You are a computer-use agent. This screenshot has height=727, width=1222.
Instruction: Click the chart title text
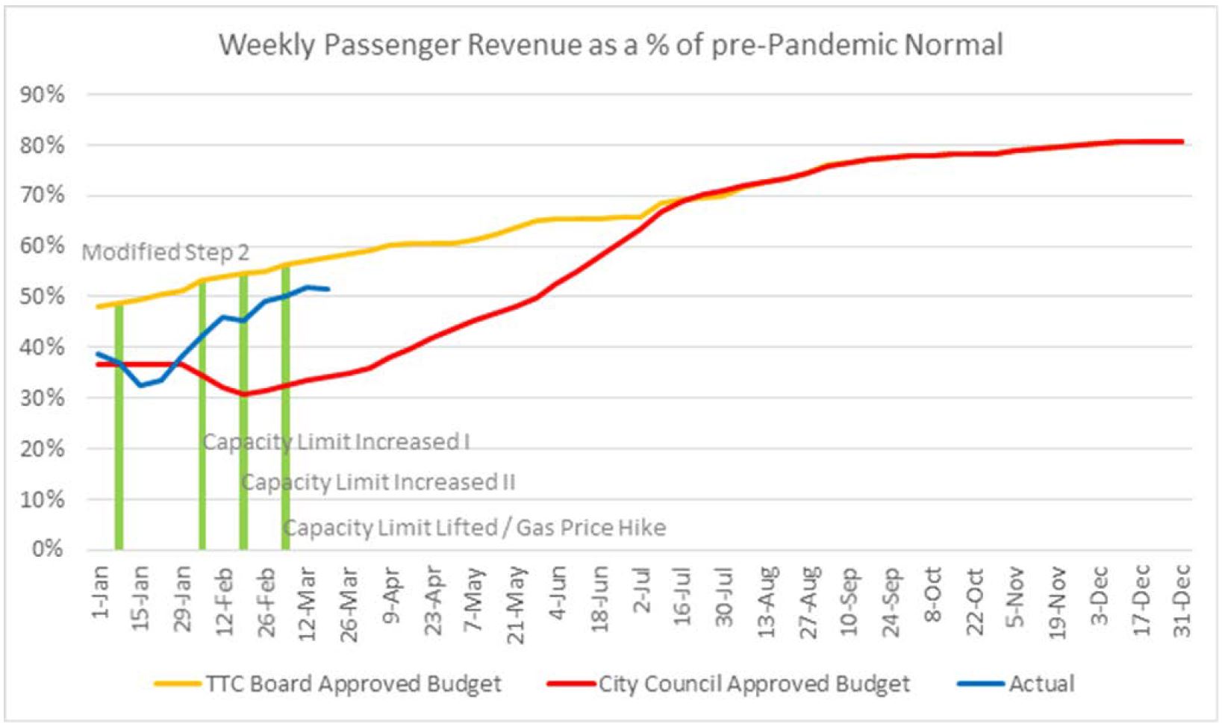click(x=611, y=45)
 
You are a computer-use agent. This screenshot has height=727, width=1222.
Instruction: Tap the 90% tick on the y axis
click(x=43, y=95)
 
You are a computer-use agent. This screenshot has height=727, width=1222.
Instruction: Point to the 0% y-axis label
click(x=47, y=549)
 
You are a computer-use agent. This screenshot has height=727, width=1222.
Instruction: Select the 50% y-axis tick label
click(x=43, y=296)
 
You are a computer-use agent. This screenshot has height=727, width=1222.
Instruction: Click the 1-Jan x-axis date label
click(x=102, y=592)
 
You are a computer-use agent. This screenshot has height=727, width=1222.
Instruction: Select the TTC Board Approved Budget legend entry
click(x=353, y=684)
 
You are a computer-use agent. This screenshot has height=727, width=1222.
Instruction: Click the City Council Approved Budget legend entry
click(x=754, y=684)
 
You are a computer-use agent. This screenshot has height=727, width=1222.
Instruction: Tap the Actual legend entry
click(x=1041, y=684)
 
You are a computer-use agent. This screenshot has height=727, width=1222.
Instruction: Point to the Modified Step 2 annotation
click(x=165, y=252)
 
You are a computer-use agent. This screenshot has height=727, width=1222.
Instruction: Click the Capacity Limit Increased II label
click(x=378, y=482)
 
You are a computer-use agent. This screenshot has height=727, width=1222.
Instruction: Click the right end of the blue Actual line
click(x=329, y=289)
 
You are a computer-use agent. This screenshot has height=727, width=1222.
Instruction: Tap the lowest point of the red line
click(x=244, y=393)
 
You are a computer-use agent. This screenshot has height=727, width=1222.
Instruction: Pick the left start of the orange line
click(x=98, y=306)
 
